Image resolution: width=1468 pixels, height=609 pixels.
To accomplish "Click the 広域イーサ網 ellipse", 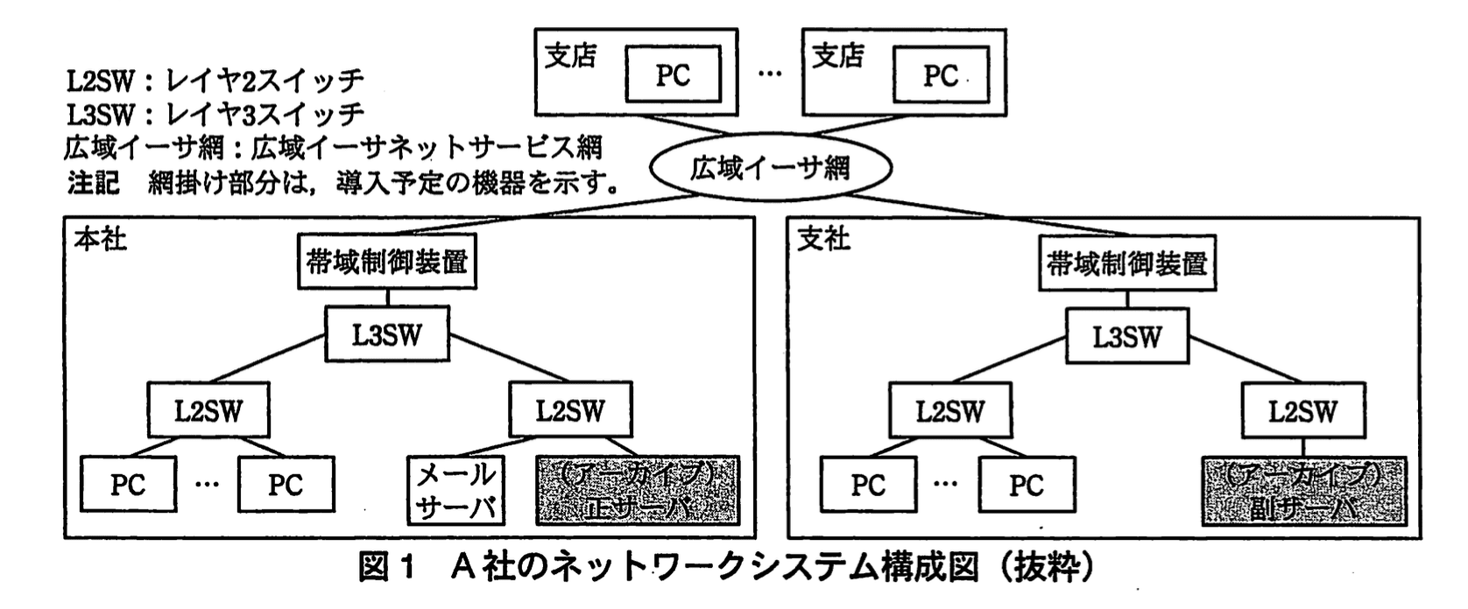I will [769, 168].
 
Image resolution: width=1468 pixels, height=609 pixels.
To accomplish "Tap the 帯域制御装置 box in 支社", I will [1126, 263].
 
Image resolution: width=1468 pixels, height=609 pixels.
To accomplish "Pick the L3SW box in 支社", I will [1126, 337].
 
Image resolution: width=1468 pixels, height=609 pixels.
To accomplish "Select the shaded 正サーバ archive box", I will [638, 490].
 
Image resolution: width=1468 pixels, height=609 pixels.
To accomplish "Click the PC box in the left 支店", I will [673, 76].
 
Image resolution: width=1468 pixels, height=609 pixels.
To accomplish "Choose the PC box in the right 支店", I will [940, 76].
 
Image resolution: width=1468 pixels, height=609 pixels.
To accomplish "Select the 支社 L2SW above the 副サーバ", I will [1303, 411].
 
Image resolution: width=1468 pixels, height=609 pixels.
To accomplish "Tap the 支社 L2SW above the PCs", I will [949, 411].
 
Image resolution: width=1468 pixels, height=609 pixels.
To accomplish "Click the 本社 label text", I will [100, 238].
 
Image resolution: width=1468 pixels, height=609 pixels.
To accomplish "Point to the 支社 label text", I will [823, 238].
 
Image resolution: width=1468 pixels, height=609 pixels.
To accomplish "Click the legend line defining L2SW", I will [214, 80].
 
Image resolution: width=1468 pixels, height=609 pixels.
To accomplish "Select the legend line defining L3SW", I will [214, 114].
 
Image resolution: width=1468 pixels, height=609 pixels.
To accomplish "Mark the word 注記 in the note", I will [93, 182].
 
